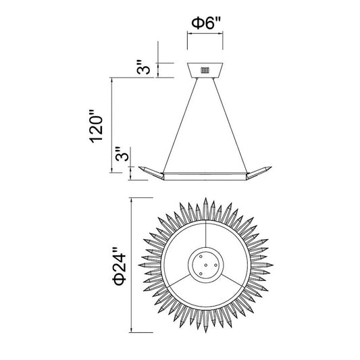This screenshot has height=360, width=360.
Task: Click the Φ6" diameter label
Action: tap(206, 24)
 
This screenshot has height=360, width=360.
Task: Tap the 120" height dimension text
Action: tap(96, 127)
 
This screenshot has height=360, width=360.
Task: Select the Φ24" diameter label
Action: tap(120, 266)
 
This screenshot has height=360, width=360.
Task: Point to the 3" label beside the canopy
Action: tap(143, 68)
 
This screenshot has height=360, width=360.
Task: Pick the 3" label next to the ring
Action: tap(122, 154)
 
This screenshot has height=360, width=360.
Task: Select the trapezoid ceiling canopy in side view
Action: tap(205, 70)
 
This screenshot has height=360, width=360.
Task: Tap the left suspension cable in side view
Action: tap(180, 126)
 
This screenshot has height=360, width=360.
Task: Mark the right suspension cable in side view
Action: tap(230, 126)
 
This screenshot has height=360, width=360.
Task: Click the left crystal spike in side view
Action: tap(151, 173)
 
